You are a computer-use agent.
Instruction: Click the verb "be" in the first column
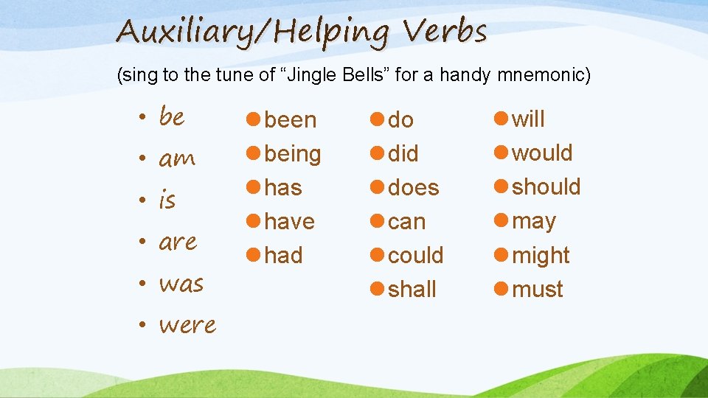172,117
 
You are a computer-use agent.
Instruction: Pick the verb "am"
177,159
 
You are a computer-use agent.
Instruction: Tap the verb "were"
187,325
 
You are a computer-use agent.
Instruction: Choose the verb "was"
181,284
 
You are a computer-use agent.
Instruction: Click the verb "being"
293,154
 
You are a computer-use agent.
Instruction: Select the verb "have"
289,221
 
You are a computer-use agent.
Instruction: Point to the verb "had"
283,255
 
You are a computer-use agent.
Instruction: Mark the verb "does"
413,188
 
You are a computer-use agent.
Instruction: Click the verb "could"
415,255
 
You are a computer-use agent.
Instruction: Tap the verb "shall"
412,289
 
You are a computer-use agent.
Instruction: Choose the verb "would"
542,153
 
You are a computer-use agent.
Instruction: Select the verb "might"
541,255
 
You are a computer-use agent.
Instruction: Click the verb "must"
538,289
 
